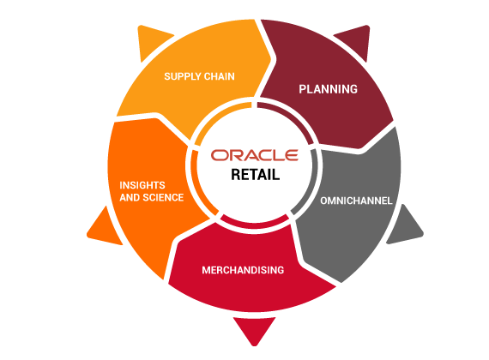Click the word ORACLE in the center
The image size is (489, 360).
coord(255,155)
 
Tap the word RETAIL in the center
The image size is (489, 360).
coord(255,175)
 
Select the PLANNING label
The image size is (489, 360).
coord(328,89)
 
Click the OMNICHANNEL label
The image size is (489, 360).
coord(356,201)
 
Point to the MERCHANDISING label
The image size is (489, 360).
coord(243,270)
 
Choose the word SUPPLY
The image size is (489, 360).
coord(183,76)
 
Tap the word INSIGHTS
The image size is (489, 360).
coord(142,185)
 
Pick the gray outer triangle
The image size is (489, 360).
coord(404,226)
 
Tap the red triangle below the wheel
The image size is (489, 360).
coord(255,329)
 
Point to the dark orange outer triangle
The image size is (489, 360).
coord(104,227)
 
